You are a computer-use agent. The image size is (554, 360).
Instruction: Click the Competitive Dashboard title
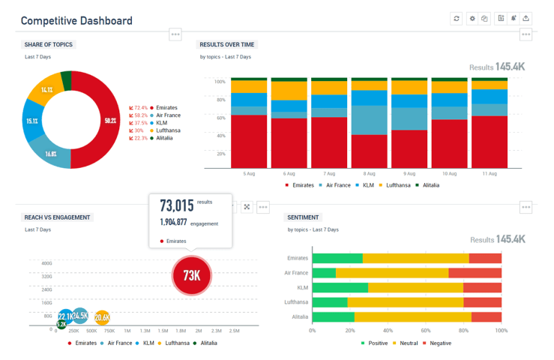point(76,20)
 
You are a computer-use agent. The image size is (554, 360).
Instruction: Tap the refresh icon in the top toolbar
point(456,19)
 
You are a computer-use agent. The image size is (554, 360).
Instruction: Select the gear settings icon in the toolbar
point(472,19)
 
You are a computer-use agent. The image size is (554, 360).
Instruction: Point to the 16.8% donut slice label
point(51,154)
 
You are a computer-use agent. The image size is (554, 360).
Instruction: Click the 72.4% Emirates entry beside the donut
point(154,107)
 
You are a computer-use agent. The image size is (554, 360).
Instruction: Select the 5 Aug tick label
point(249,174)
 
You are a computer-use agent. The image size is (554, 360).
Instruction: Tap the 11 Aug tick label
point(489,174)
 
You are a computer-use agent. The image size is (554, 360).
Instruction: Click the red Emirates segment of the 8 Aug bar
point(369,151)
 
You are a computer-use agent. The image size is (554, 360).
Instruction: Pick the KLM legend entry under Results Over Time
point(367,185)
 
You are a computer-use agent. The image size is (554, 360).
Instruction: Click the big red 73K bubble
point(192,275)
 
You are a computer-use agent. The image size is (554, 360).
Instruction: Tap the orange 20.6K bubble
point(102,317)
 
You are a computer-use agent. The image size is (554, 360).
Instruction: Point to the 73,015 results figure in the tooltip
point(177,205)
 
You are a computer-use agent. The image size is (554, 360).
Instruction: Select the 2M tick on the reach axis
point(199,331)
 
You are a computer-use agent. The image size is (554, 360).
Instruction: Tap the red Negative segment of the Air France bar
point(475,273)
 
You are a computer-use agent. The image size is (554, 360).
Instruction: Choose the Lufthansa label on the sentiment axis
point(297,302)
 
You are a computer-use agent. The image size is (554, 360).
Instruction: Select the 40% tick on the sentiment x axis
point(388,330)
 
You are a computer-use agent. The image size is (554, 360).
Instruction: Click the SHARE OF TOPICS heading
point(48,44)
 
